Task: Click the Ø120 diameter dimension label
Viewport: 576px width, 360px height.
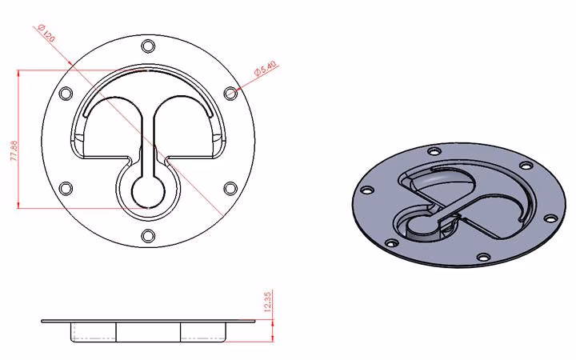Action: point(46,33)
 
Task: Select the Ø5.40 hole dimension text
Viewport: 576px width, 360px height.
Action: point(266,69)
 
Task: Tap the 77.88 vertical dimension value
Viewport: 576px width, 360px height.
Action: point(14,150)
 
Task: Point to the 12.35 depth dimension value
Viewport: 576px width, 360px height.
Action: point(268,302)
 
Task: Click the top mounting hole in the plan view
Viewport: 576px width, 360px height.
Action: point(148,46)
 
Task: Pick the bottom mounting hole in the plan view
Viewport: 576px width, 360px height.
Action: point(148,236)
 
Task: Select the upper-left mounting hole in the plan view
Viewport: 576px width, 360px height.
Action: point(66,94)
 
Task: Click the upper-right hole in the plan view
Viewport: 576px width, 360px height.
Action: point(230,94)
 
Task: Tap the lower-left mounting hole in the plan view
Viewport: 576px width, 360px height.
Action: point(66,189)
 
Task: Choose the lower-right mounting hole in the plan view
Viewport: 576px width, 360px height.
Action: point(230,189)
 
